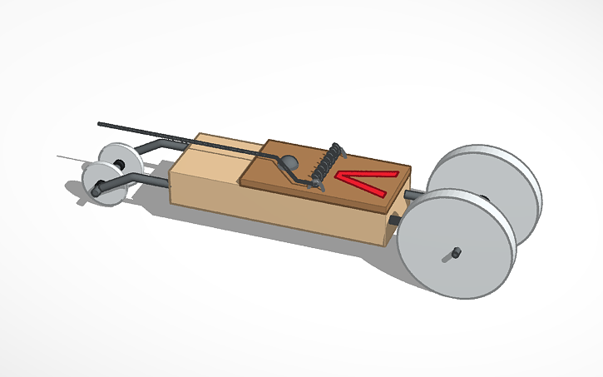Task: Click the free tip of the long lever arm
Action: coord(101,124)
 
